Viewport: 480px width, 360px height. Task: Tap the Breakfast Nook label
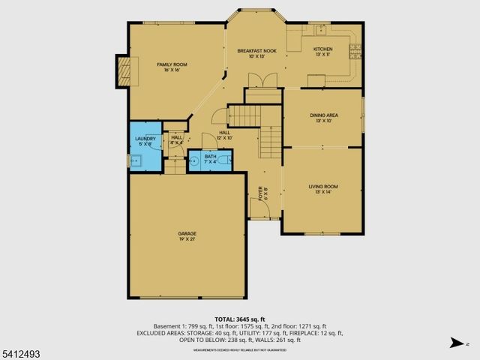(257, 52)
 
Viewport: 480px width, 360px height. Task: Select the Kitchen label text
(323, 52)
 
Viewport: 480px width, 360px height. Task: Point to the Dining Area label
(324, 118)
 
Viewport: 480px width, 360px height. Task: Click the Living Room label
(323, 189)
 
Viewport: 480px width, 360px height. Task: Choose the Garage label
(187, 236)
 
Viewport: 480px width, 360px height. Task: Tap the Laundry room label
(145, 142)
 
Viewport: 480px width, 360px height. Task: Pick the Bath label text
(200, 158)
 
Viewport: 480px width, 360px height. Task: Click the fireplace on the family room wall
(123, 70)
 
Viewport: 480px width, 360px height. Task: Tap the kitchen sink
(320, 30)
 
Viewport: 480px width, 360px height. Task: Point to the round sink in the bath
(193, 160)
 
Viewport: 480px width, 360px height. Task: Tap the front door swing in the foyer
(255, 208)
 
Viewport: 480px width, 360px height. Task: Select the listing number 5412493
(20, 349)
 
